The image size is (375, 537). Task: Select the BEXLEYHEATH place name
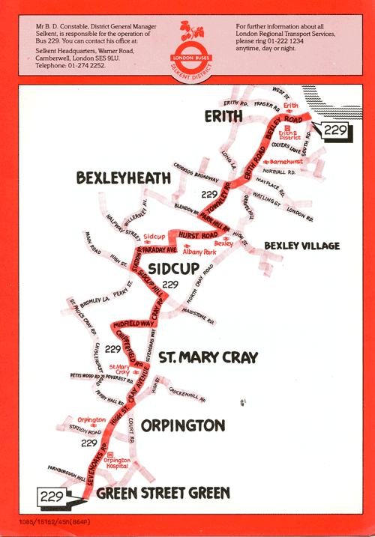123,178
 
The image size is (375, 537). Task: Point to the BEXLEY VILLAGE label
301,246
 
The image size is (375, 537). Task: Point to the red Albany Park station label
198,253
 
